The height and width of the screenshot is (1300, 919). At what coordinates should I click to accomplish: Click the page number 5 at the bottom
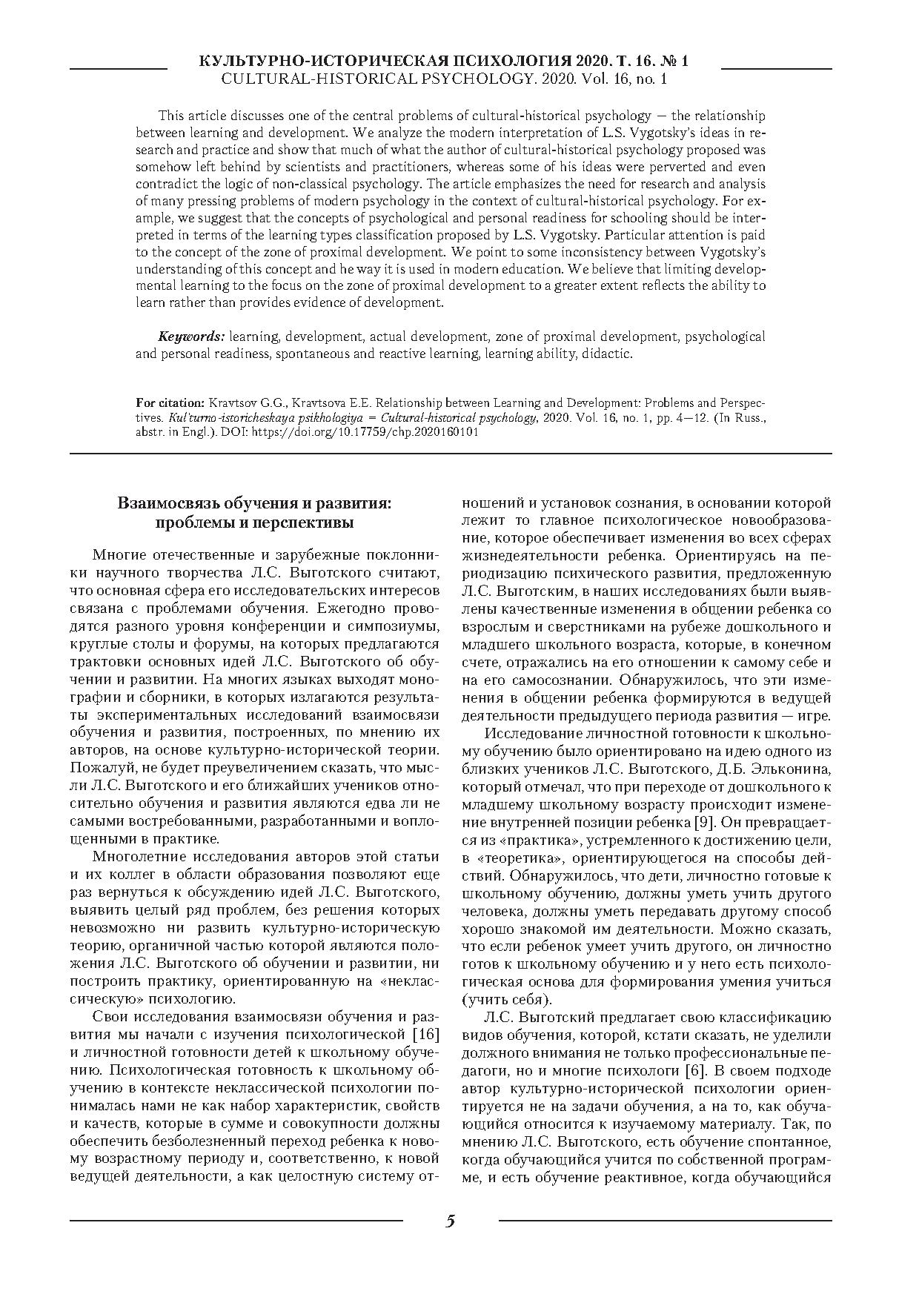click(x=450, y=1221)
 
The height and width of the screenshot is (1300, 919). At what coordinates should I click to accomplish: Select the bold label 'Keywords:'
click(x=191, y=337)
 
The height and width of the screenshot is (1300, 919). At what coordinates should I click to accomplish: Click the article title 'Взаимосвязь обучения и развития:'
click(x=254, y=504)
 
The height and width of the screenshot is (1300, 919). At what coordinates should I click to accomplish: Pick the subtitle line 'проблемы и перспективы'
click(x=254, y=523)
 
